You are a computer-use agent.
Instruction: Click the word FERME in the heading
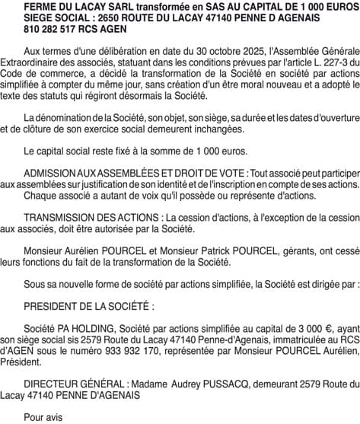coord(40,6)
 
